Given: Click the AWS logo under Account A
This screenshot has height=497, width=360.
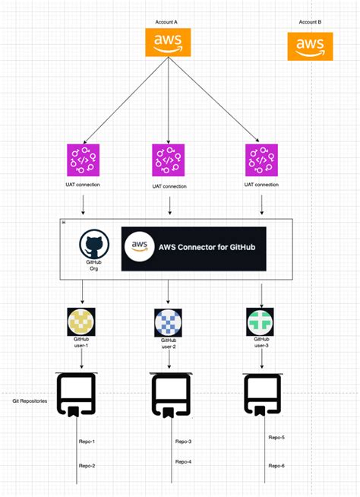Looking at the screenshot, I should (x=167, y=43).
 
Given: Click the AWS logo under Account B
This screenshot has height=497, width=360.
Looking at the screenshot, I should (x=310, y=46).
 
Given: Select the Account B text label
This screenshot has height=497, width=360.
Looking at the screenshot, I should (x=310, y=23).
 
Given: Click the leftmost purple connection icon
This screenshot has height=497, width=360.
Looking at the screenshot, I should (x=82, y=160).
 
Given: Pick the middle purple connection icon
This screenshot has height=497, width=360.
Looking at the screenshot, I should (x=169, y=160).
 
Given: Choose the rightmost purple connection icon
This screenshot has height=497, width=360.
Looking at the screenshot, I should (x=262, y=160).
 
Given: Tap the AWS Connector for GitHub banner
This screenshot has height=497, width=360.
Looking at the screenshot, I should (x=194, y=247).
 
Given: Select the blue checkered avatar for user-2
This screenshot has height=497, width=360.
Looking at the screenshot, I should (x=169, y=321).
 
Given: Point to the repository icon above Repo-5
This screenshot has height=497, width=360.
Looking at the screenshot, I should (x=263, y=394).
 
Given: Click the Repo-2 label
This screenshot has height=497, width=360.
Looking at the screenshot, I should (x=87, y=466).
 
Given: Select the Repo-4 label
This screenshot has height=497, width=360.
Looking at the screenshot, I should (x=183, y=461).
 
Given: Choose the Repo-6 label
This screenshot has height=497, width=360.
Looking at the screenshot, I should (x=276, y=465).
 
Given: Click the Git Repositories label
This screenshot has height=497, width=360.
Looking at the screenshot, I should (x=29, y=400).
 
